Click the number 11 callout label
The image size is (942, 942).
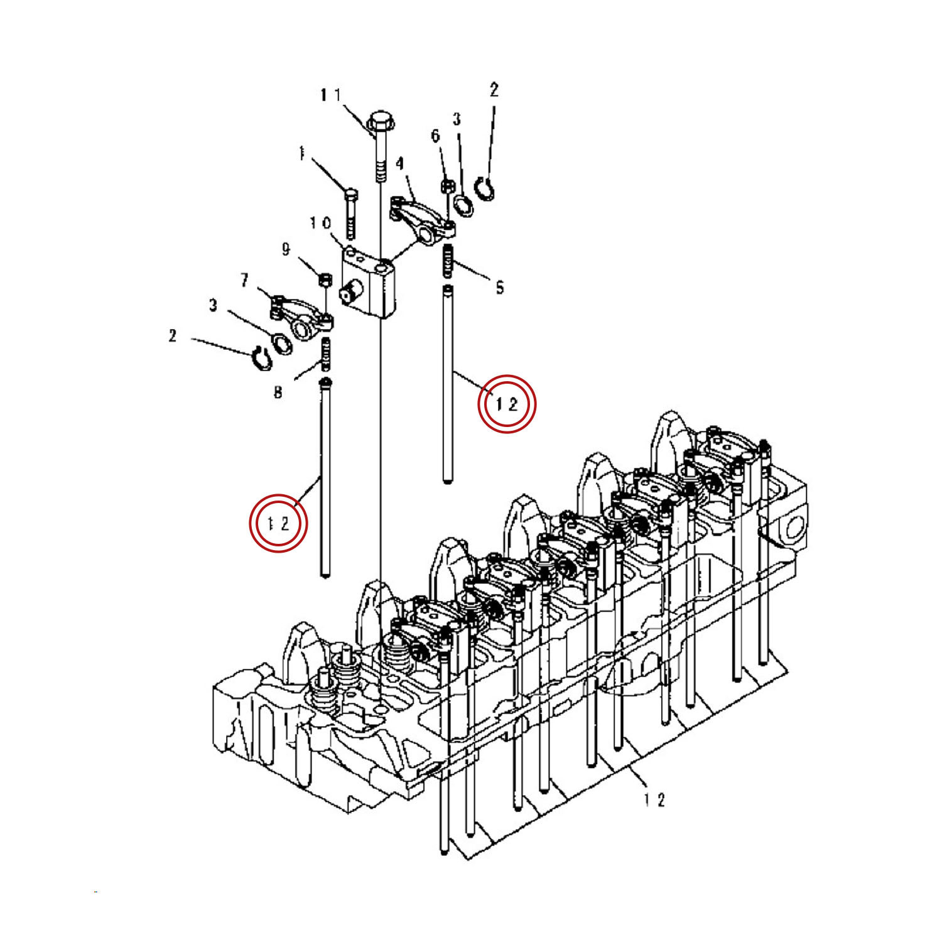pos(330,95)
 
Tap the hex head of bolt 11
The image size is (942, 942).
pos(379,120)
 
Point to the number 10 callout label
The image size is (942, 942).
pos(320,224)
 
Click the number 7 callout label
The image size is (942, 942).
pos(245,280)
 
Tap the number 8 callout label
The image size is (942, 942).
pos(278,393)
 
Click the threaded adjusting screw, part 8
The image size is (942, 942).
pos(326,355)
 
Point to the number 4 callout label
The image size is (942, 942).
pos(399,164)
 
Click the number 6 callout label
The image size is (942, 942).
pos(435,136)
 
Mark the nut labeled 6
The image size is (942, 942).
pos(448,186)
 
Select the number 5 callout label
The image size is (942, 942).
pos(499,288)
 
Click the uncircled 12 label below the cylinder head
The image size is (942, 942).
pos(654,799)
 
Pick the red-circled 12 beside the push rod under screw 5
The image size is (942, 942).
pos(506,404)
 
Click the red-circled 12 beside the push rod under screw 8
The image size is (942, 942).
pos(278,523)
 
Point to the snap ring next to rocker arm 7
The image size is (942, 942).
pos(259,358)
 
